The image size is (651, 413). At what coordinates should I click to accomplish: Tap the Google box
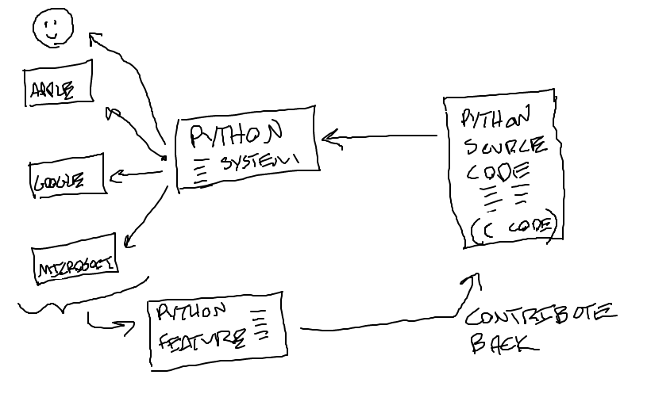tap(67, 178)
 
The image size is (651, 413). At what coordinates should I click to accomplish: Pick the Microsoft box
tap(75, 260)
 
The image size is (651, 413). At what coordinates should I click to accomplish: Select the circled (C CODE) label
tap(513, 227)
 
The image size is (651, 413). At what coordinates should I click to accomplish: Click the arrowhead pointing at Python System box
tap(327, 139)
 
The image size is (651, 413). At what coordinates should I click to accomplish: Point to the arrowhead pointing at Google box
tap(114, 176)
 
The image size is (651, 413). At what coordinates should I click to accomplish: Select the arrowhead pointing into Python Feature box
tap(129, 325)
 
